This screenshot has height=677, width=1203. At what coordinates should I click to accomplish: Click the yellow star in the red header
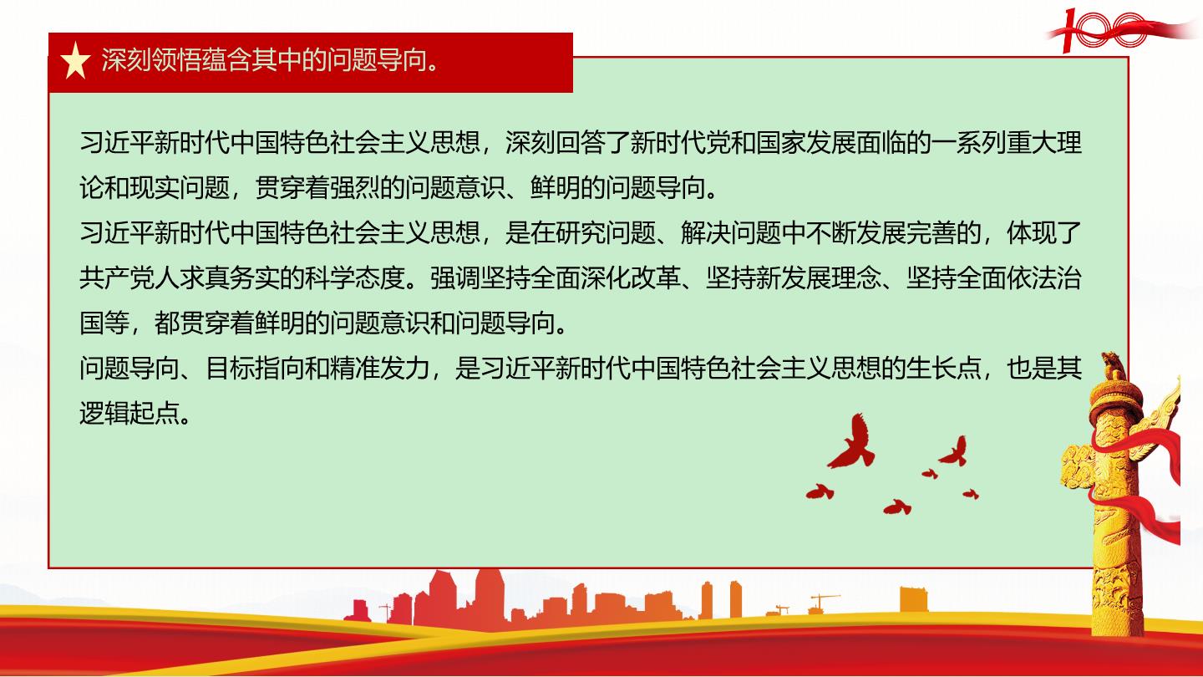(75, 61)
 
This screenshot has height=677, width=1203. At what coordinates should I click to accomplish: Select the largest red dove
(852, 440)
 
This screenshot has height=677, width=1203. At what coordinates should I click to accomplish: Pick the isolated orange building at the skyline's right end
(914, 599)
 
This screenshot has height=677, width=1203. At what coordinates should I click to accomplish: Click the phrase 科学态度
(354, 277)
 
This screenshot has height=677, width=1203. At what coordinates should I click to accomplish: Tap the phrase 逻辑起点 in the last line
(129, 413)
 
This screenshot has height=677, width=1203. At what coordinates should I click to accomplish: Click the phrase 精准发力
(379, 368)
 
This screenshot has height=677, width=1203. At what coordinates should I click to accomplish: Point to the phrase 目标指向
(255, 368)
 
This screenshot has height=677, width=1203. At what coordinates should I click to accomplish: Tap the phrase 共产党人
(129, 277)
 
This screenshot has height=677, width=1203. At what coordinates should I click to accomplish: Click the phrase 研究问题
(605, 232)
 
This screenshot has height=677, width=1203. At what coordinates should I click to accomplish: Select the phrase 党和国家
(755, 142)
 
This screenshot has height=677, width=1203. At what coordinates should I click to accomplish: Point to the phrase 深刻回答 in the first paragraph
(556, 142)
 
